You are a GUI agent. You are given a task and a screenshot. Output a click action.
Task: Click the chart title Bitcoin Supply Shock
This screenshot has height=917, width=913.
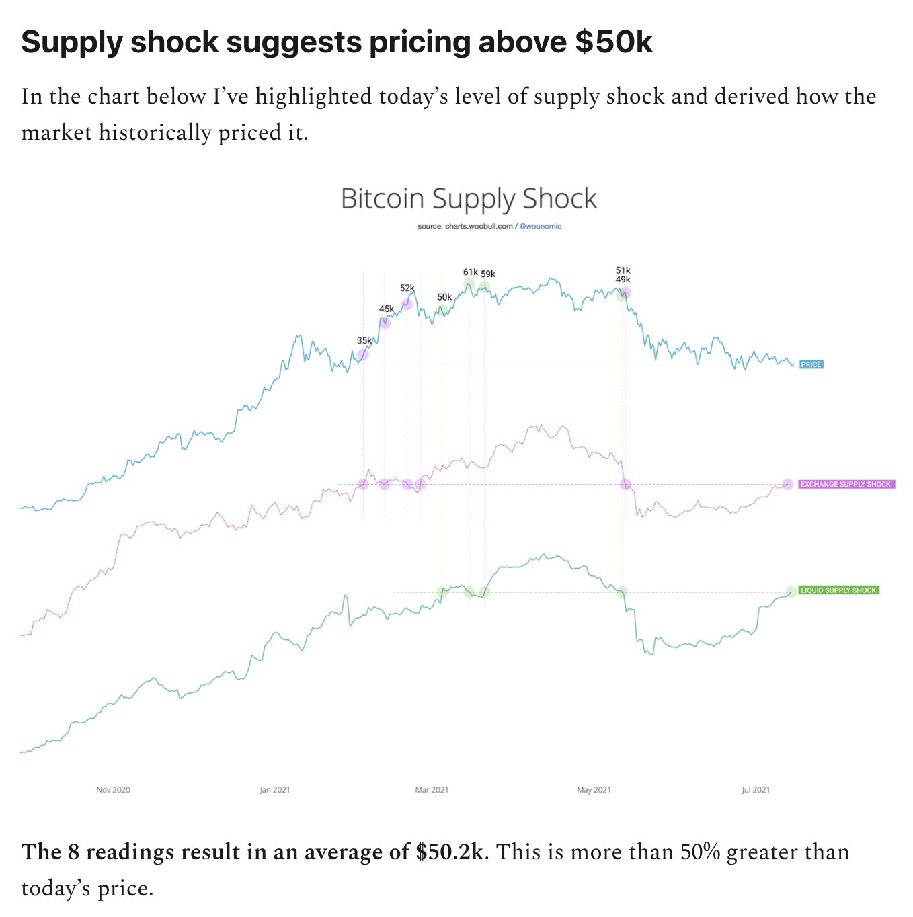469,199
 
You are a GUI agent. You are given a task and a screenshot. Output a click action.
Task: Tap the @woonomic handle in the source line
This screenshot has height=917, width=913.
541,227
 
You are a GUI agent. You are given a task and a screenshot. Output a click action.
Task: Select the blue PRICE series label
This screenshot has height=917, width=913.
811,364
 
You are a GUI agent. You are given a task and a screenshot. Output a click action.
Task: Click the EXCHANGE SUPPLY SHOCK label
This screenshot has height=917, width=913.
846,484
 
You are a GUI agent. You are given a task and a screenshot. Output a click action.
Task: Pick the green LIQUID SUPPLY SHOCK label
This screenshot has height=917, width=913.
838,590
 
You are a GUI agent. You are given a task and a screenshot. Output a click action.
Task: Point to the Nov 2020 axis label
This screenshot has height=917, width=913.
113,790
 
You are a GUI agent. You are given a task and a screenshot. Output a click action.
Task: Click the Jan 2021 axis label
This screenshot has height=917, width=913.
275,790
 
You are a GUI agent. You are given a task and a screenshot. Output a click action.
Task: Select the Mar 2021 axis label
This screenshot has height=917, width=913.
432,790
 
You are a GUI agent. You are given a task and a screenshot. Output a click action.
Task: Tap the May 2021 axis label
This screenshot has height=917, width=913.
594,790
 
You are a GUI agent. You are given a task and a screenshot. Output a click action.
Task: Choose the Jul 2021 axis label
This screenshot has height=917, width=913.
756,790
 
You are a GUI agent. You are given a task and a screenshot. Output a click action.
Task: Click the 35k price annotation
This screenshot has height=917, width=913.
364,341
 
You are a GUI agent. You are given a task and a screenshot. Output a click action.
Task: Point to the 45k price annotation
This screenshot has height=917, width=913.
387,309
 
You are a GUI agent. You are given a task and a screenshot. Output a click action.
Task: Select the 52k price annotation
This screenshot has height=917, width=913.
407,288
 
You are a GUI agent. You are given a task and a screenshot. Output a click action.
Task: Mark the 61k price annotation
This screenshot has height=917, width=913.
470,272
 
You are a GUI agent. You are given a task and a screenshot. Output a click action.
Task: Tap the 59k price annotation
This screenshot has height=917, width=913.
488,274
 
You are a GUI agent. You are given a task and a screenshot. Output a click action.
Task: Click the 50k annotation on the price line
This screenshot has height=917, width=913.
444,297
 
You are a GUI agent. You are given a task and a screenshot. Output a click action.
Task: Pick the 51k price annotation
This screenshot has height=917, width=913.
623,270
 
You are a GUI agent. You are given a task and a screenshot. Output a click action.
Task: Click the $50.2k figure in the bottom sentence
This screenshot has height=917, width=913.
449,852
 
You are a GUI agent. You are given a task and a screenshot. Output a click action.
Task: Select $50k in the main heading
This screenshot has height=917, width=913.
614,42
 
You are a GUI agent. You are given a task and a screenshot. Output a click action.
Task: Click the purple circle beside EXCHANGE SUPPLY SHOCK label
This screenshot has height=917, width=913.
788,484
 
